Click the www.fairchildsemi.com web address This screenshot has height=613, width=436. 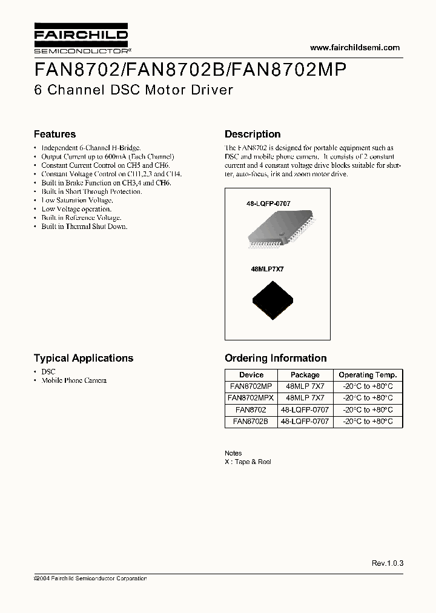355,48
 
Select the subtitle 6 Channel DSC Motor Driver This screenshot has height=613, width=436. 133,90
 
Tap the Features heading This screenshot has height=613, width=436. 54,134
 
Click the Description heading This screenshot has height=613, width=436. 253,134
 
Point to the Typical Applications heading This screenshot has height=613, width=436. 84,358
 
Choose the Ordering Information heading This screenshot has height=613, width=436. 276,358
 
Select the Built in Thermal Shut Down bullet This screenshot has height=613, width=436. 84,227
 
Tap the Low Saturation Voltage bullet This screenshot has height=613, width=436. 77,200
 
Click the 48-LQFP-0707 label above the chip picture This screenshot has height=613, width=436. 268,204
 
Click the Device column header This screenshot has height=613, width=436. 251,375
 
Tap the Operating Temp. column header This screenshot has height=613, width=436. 368,375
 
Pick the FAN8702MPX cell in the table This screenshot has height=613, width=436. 251,398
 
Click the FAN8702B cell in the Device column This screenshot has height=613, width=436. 251,421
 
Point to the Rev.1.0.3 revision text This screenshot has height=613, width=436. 388,563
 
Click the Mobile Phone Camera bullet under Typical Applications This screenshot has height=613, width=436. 74,380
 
